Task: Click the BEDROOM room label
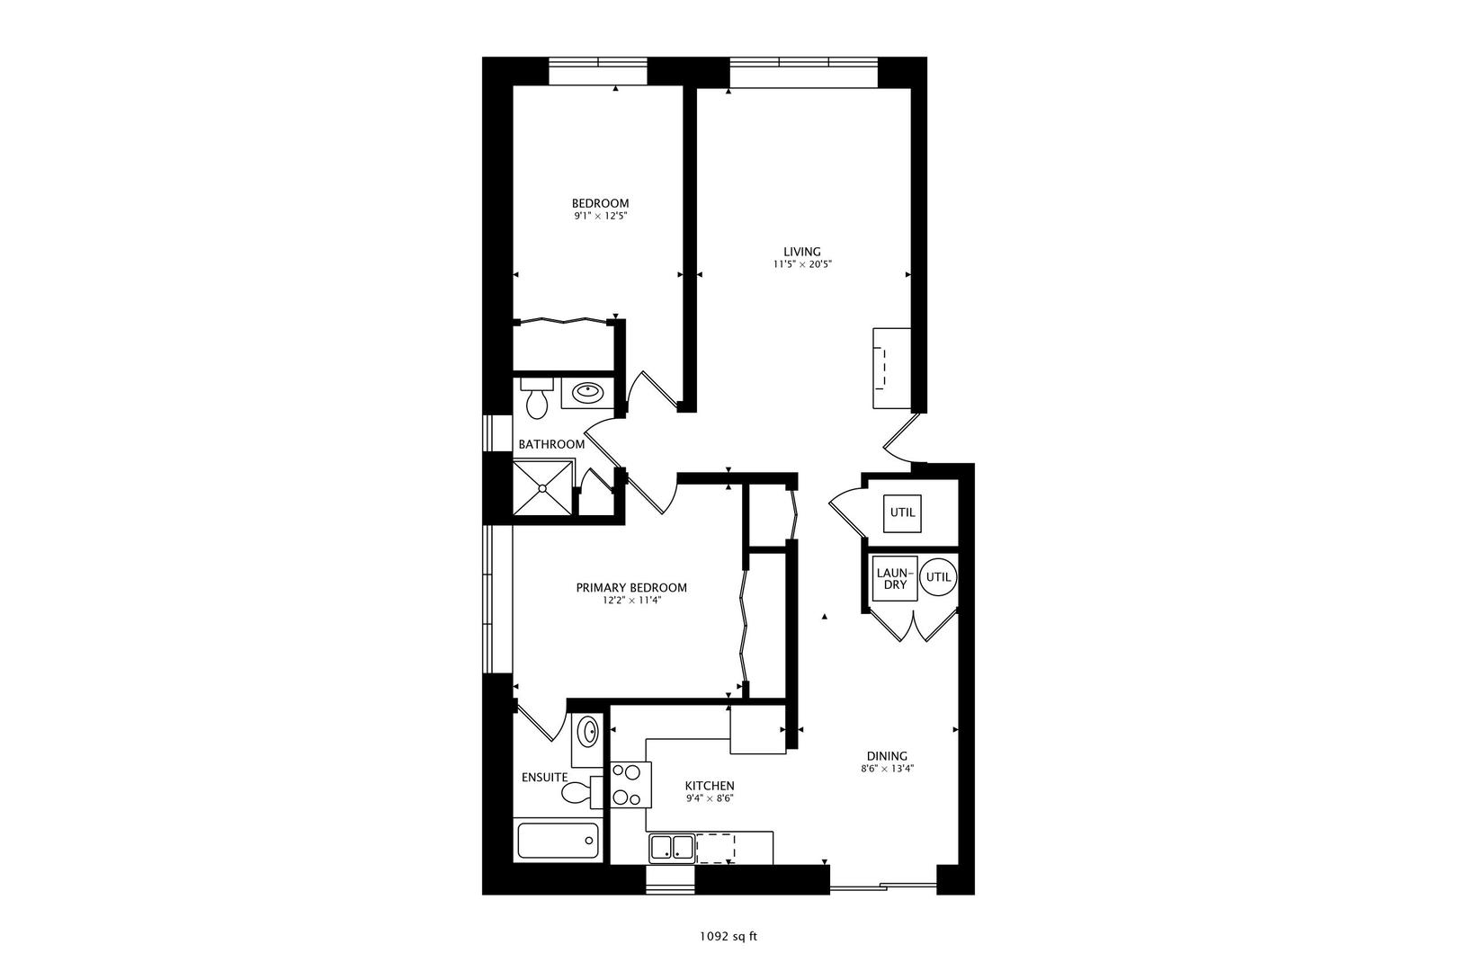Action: point(600,203)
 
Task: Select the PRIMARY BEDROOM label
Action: point(631,587)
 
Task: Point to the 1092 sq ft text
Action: point(728,936)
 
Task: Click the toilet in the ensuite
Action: point(577,792)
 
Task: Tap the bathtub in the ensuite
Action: point(558,842)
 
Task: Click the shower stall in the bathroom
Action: point(542,488)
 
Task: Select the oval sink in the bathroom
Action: point(588,392)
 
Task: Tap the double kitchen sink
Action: point(672,847)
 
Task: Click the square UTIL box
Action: point(902,512)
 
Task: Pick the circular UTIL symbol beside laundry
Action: point(938,577)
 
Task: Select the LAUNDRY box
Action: point(894,578)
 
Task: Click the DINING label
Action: point(887,756)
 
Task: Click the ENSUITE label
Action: point(544,777)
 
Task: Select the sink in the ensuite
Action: point(588,732)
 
